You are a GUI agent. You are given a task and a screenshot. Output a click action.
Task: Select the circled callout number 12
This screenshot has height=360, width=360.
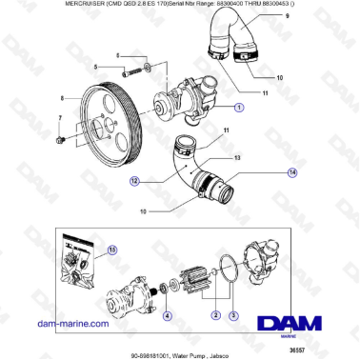tap(136, 178)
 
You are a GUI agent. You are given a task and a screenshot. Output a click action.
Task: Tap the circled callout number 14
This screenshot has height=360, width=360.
tap(292, 171)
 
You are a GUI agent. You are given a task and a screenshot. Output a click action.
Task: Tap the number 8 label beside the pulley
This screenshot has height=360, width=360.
tap(63, 98)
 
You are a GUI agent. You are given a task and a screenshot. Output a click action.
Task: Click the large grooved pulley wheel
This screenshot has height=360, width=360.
tap(108, 113)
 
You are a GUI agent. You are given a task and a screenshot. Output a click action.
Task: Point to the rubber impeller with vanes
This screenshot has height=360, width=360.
tap(201, 284)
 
